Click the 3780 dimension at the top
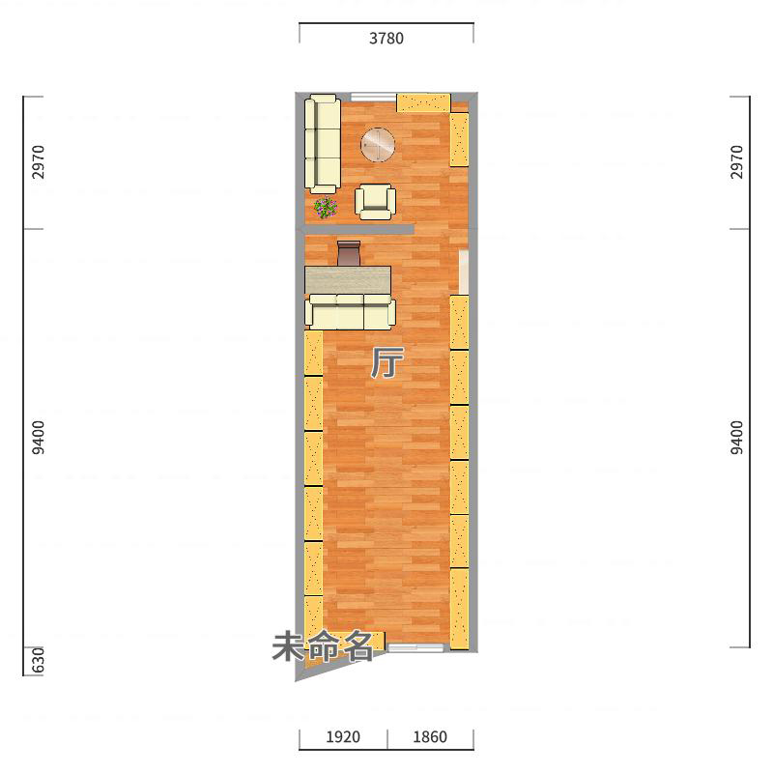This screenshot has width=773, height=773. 386,38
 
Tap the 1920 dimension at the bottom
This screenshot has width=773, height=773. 343,736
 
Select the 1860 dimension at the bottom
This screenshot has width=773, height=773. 430,736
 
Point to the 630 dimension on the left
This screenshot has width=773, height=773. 38,660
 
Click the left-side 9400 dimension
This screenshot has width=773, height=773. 38,438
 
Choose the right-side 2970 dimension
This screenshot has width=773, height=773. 736,162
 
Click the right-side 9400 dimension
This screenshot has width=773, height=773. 736,438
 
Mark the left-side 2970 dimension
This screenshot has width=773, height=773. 38,162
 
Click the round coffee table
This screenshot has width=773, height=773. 378,144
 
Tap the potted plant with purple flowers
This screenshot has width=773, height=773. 326,208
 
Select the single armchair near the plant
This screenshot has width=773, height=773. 375,202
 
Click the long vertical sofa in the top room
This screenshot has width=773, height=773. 323,143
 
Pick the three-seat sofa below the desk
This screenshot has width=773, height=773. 350,312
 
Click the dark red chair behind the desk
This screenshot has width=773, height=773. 349,253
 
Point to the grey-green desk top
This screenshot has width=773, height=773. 348,280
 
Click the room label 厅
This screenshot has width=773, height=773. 387,362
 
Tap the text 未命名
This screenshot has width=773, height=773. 323,646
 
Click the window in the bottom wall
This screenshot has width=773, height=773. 415,647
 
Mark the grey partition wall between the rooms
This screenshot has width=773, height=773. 358,229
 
